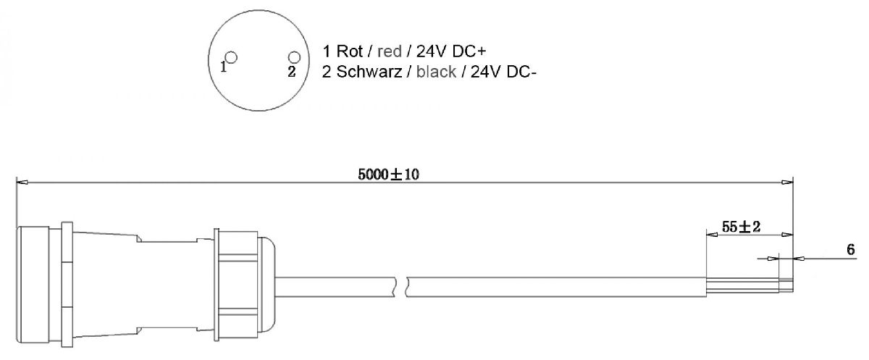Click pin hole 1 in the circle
point(231,57)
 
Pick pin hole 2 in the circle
point(293,57)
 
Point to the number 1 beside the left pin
point(224,68)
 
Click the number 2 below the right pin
point(291,71)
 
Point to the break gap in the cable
point(402,285)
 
